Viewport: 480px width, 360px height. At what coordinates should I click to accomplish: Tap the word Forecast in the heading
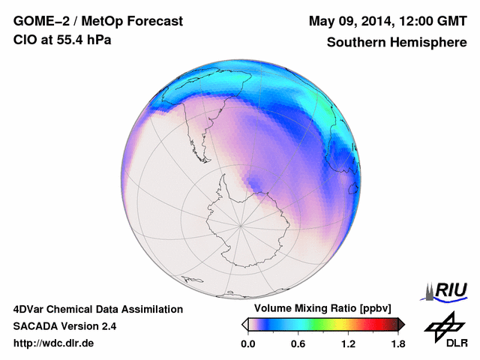(x=154, y=22)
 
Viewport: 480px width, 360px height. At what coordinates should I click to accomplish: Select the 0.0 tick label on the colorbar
(x=247, y=343)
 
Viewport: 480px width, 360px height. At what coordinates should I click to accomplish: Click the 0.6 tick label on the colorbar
(x=298, y=343)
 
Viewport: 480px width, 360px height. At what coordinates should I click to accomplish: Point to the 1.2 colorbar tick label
(x=348, y=343)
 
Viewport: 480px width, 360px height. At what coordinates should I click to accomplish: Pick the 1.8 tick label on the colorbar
(x=397, y=343)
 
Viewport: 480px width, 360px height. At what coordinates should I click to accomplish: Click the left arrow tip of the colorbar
(x=244, y=324)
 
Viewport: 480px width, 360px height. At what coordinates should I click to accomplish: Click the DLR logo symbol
(x=444, y=326)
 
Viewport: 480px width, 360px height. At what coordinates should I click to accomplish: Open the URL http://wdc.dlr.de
(x=54, y=343)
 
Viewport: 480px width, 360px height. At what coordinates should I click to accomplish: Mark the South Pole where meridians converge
(x=240, y=224)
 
